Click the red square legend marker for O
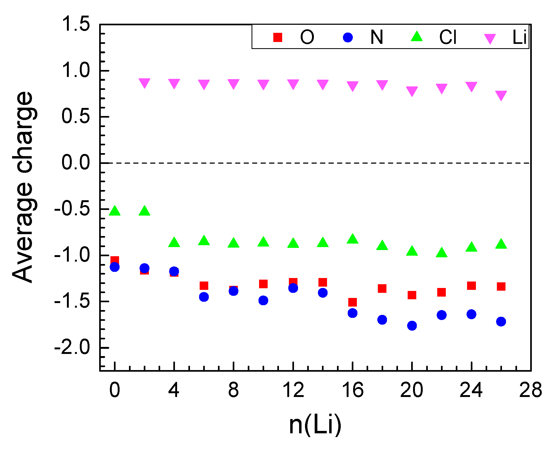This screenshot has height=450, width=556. click(x=278, y=37)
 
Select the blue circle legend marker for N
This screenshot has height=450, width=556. click(x=347, y=37)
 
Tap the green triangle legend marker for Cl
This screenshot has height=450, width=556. click(x=417, y=37)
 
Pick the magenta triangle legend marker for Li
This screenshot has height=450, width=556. click(x=490, y=38)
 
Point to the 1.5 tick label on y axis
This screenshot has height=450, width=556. click(x=76, y=24)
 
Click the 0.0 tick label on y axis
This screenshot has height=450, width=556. click(x=76, y=163)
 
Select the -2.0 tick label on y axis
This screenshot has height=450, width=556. click(x=72, y=347)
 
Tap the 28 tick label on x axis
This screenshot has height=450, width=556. click(x=530, y=390)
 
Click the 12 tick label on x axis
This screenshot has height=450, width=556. click(x=293, y=390)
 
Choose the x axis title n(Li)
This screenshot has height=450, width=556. click(x=315, y=425)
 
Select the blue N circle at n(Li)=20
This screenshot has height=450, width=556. click(x=412, y=326)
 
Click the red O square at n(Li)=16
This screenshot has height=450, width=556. click(x=352, y=302)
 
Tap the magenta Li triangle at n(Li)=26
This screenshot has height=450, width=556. click(x=501, y=95)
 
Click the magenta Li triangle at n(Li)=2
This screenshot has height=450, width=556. click(x=144, y=83)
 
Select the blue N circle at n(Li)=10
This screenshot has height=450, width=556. click(x=263, y=300)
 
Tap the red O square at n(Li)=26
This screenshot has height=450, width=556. click(x=501, y=286)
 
